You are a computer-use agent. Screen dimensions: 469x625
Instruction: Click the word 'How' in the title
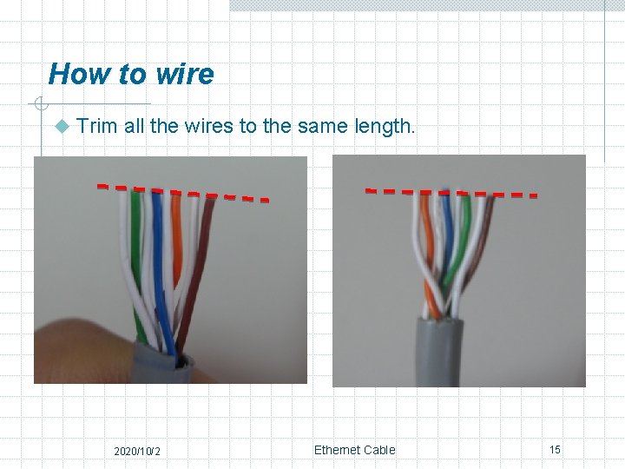coord(72,74)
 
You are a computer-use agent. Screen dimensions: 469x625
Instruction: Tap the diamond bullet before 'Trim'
coord(61,127)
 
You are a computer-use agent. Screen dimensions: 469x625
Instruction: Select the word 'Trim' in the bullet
coord(96,126)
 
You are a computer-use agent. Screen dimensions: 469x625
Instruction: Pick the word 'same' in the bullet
coord(321,126)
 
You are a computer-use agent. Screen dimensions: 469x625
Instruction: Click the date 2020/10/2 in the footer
coord(137,451)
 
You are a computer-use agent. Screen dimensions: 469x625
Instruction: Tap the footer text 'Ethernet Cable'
coord(354,450)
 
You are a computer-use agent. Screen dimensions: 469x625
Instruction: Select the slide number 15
coord(555,449)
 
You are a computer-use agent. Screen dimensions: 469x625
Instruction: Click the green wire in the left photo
coord(137,252)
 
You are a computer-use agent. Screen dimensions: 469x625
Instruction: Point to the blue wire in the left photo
coord(158,252)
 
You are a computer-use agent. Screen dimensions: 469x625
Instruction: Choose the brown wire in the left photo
coord(201,252)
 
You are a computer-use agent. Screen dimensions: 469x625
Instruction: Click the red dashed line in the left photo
coord(182,192)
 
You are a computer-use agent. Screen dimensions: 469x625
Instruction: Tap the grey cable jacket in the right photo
coord(437,352)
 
